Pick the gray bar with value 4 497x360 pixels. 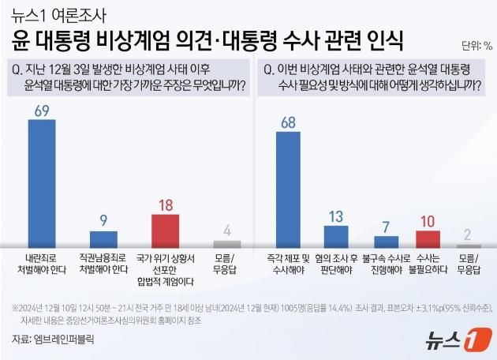click(227, 245)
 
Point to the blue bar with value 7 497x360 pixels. click(387, 242)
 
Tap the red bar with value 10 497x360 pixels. click(427, 239)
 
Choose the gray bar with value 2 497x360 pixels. click(468, 246)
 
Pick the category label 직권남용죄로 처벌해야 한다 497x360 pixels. click(103, 263)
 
